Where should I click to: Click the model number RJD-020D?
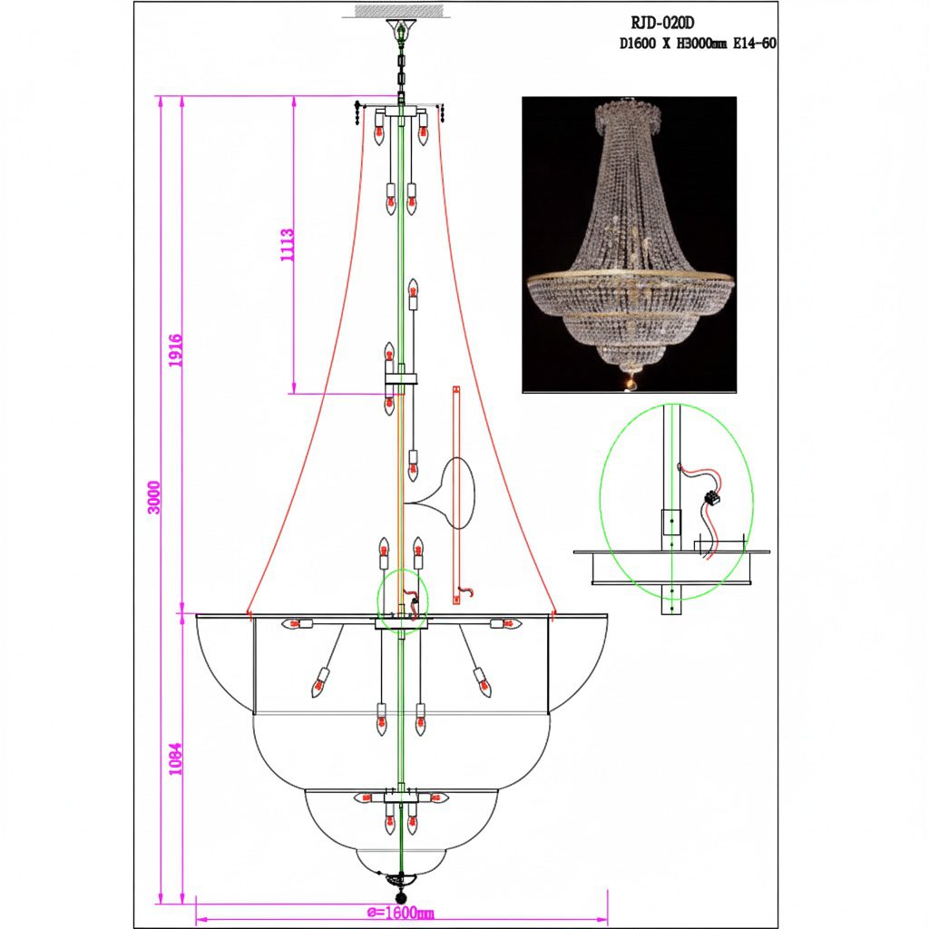pos(661,23)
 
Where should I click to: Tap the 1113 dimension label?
pos(287,246)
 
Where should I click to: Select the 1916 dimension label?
pos(175,351)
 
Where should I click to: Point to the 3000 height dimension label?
pos(153,498)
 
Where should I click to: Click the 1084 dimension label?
pos(175,759)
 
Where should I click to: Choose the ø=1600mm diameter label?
pos(400,913)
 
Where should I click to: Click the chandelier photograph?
pos(630,245)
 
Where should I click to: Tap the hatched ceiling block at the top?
pos(399,11)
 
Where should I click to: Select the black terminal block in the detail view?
pos(712,500)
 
